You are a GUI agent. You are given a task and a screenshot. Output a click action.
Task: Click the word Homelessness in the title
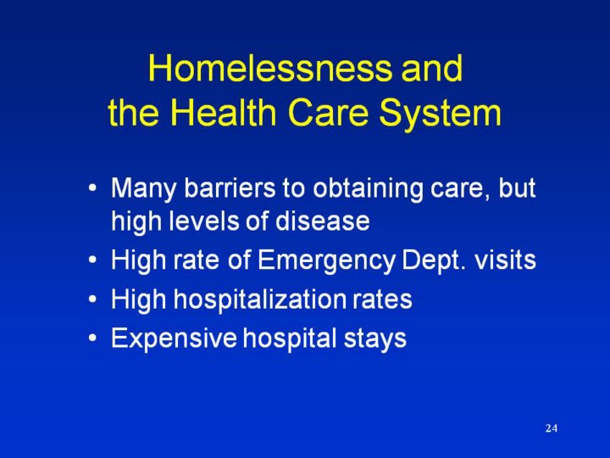[x=270, y=68]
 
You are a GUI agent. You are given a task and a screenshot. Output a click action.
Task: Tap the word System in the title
[x=440, y=114]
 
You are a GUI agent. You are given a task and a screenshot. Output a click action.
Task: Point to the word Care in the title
[x=328, y=112]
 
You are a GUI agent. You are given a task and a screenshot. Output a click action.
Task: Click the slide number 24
[x=552, y=428]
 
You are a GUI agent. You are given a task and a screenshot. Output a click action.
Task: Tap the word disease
[x=323, y=221]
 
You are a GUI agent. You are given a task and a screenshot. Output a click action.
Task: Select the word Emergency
[x=326, y=261]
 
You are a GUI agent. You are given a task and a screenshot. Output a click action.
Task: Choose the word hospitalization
[x=259, y=300]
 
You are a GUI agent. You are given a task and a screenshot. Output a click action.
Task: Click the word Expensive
[x=174, y=338]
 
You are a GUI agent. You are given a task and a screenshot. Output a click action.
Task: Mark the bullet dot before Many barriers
[x=92, y=189]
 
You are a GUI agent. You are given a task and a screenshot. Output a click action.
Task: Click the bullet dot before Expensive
[x=92, y=338]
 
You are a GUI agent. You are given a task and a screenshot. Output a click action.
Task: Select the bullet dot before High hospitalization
[x=92, y=300]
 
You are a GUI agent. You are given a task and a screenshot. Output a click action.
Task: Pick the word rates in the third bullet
[x=382, y=299]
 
